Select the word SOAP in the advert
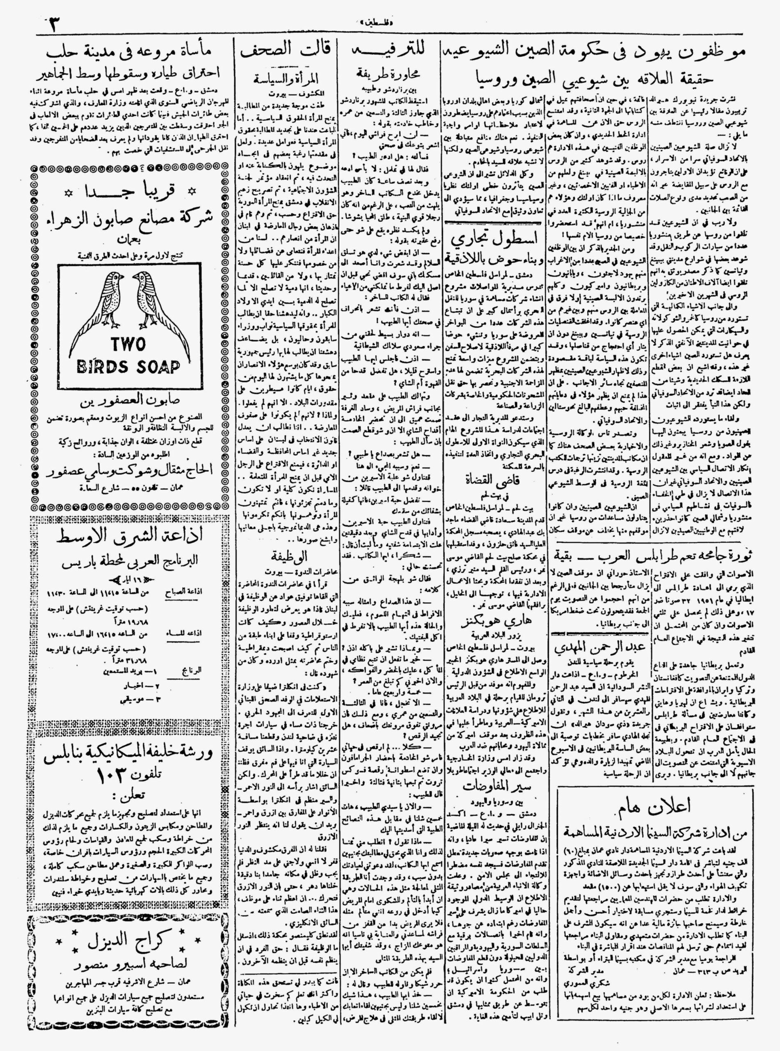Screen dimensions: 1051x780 click(x=156, y=367)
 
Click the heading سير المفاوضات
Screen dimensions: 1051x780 click(x=492, y=785)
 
